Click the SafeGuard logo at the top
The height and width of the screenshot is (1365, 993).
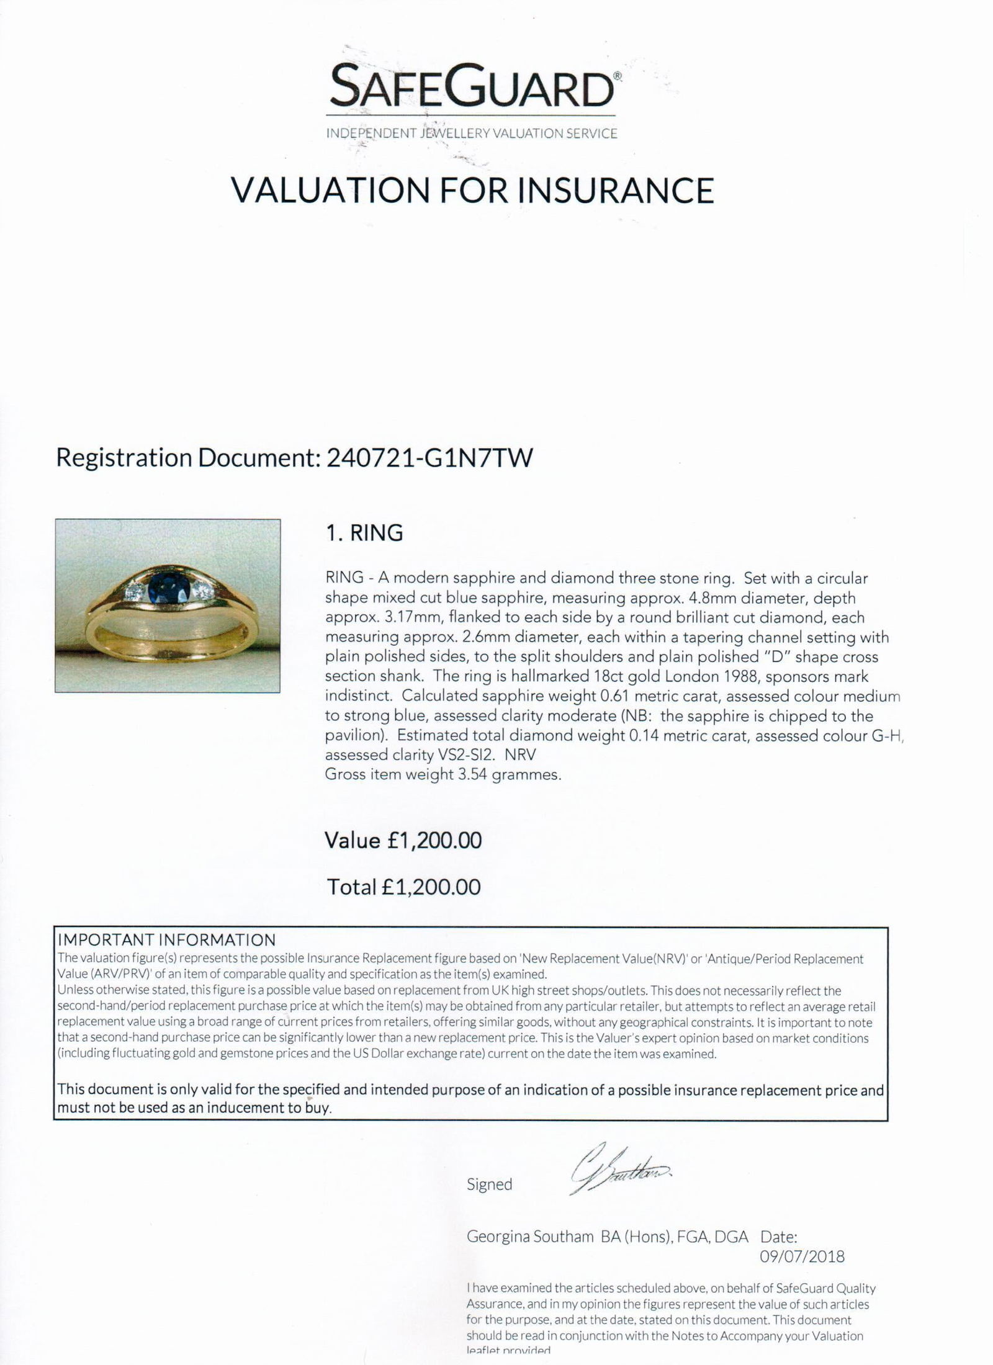tap(472, 88)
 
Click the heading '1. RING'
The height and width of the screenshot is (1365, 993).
tap(364, 533)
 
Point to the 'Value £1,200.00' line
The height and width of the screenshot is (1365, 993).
tap(403, 841)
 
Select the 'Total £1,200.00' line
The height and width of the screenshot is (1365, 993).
tap(403, 887)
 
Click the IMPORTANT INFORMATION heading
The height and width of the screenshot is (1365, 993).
tap(166, 940)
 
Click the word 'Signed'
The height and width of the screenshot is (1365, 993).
tap(489, 1184)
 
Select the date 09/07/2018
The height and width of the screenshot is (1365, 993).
tap(802, 1256)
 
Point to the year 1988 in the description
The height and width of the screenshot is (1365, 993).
tap(737, 676)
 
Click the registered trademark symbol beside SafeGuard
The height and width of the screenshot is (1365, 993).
tap(617, 76)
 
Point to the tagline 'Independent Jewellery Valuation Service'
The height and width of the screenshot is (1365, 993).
tap(472, 133)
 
